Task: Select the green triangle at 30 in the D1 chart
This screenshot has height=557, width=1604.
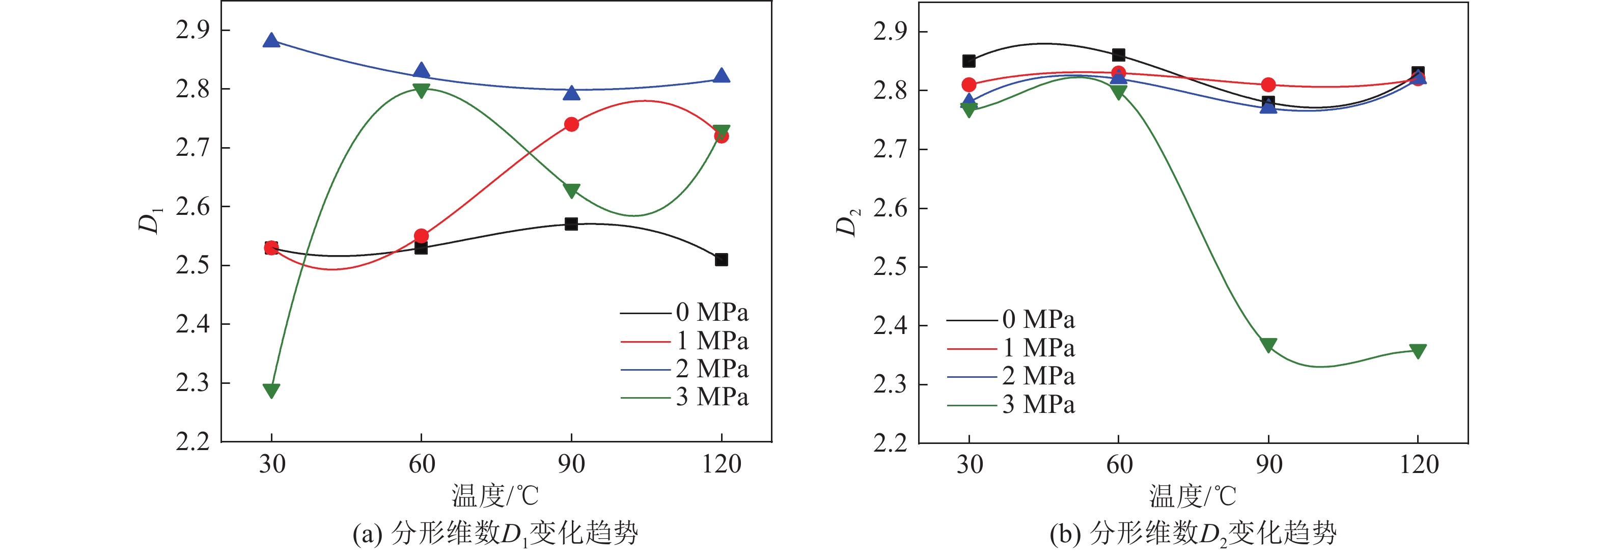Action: coord(271,390)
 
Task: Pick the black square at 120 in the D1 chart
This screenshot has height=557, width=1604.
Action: coord(721,260)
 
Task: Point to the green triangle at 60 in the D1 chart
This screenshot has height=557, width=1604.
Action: coord(421,91)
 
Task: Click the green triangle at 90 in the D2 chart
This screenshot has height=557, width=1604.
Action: coord(1268,345)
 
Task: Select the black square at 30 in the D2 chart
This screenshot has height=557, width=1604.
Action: coord(969,61)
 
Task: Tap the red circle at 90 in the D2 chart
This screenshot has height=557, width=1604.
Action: coord(1268,85)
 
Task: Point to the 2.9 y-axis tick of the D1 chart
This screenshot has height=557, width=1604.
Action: coord(192,30)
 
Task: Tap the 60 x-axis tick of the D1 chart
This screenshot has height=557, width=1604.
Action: coord(422,464)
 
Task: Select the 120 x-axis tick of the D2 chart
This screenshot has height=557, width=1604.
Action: coord(1419,465)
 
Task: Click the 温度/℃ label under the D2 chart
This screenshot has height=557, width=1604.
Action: coord(1193,496)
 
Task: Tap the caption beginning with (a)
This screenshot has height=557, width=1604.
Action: coord(495,534)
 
